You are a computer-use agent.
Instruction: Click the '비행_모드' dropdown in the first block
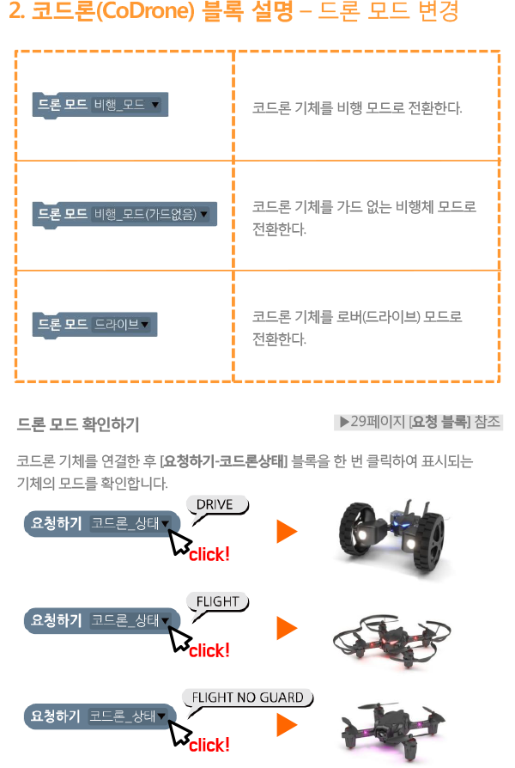pos(126,106)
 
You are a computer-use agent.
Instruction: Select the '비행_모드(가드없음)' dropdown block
pos(150,214)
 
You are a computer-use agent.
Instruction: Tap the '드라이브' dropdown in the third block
pos(121,324)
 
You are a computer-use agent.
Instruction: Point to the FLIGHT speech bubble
pos(217,603)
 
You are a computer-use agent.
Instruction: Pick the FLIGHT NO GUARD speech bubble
pos(247,698)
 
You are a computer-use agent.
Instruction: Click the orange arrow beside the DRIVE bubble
pos(286,533)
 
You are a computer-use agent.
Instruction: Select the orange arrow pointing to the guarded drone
pos(286,629)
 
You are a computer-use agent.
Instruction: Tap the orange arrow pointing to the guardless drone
pos(286,726)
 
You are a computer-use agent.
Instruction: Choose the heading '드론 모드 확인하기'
pos(78,424)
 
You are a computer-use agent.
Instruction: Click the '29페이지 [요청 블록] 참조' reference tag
pos(420,422)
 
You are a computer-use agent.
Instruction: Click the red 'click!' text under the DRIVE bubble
pos(209,554)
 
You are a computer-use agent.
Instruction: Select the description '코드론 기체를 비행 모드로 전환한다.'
pos(357,109)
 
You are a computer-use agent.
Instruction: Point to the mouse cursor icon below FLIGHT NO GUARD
pos(181,733)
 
